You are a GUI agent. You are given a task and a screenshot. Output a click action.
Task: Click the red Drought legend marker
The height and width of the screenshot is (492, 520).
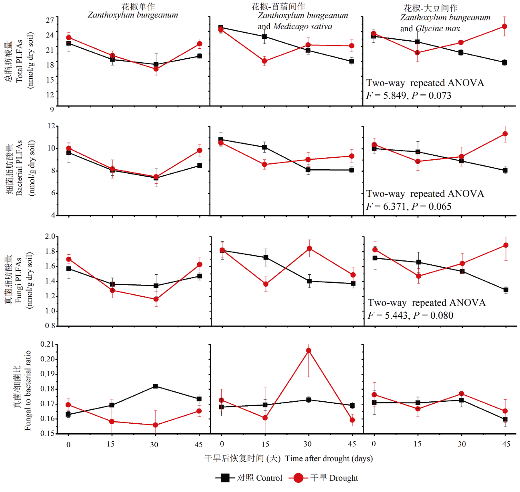[x=298, y=478]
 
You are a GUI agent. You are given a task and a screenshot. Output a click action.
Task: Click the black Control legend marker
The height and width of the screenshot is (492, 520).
[x=225, y=478]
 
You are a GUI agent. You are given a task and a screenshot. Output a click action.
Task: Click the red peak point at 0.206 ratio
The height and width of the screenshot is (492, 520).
[x=308, y=351]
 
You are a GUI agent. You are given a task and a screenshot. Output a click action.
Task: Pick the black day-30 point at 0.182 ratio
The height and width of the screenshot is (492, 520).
[x=155, y=386]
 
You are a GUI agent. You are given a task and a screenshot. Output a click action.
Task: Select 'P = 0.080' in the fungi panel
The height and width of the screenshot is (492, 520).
[x=433, y=315]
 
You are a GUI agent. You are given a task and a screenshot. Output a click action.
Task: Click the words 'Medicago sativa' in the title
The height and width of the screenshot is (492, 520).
[x=303, y=27]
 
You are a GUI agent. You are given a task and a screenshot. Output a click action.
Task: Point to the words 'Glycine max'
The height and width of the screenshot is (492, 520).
[x=438, y=29]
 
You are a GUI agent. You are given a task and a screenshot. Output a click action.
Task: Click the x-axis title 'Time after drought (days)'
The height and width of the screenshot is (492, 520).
[x=329, y=458]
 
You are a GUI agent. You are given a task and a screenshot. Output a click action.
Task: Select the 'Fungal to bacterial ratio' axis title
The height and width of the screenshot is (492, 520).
[x=28, y=390]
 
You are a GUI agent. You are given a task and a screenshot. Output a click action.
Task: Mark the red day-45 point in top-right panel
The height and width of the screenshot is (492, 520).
[x=504, y=26]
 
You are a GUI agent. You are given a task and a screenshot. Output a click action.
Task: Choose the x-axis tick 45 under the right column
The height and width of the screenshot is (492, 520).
[x=506, y=444]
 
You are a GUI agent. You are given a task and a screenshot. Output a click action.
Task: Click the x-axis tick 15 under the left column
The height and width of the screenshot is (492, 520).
[x=111, y=444]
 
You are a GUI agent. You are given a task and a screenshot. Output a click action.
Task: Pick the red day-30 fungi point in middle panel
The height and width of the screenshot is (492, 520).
[x=308, y=248]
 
